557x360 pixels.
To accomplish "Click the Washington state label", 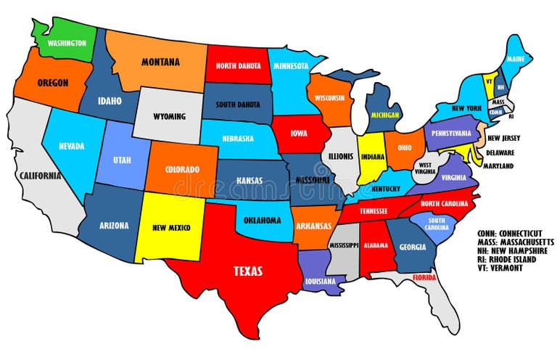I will click(x=62, y=43).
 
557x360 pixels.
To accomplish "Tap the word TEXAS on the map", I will click(x=247, y=271).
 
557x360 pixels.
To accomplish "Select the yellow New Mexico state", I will click(x=171, y=227).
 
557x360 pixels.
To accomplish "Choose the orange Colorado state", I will click(x=181, y=169).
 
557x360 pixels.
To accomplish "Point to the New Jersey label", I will click(x=505, y=138).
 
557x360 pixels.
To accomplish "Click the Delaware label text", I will click(x=500, y=152).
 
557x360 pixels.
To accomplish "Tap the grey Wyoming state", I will click(x=169, y=116).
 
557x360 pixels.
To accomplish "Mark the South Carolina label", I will click(x=437, y=224).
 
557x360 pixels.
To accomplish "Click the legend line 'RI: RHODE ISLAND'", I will click(x=507, y=259).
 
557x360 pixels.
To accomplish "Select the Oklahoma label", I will click(x=263, y=220).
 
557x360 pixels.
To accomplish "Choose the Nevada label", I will click(x=72, y=145).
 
